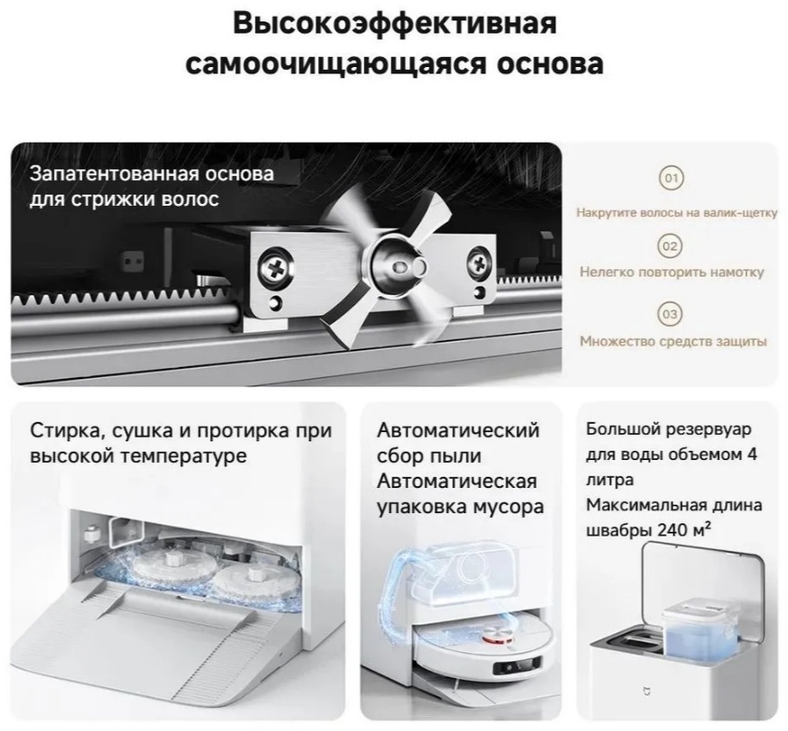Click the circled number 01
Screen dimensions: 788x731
(672, 178)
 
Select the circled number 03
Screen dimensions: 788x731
(671, 314)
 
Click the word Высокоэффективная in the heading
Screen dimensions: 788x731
(395, 23)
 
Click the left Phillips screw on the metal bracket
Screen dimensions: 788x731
(275, 266)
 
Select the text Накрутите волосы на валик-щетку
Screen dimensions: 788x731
(676, 213)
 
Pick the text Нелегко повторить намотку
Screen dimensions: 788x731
(672, 272)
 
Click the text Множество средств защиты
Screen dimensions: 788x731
(674, 341)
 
